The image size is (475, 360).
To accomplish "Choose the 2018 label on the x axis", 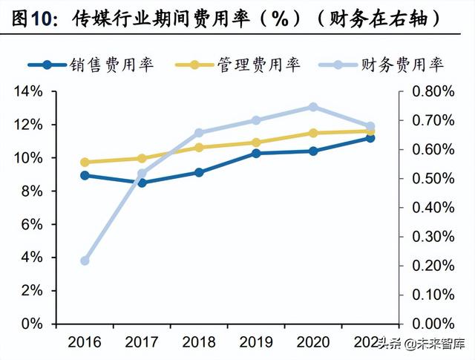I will coord(199,343).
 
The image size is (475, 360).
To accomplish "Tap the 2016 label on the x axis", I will coord(85,343).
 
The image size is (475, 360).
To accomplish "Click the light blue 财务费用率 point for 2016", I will coord(85,261).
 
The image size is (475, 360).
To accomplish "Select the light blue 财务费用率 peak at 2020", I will coord(313,107).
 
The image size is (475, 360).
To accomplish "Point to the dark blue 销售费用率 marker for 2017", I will coord(142,183).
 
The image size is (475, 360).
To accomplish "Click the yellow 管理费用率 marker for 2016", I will coord(85,162).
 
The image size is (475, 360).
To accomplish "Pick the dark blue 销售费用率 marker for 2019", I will coord(256,154).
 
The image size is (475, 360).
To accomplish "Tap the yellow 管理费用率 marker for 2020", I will coord(313,133).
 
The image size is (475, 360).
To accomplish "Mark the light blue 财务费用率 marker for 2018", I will coord(199,133).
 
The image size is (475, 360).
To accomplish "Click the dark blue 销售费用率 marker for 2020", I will coord(313,151).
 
